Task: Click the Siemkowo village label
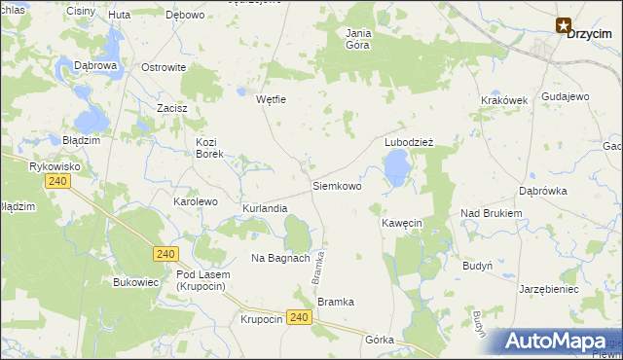pyautogui.click(x=336, y=185)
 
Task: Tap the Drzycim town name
pyautogui.click(x=588, y=32)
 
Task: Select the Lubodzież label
pyautogui.click(x=408, y=142)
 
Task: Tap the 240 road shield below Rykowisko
pyautogui.click(x=57, y=182)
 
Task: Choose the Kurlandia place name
pyautogui.click(x=265, y=209)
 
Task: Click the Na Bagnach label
pyautogui.click(x=280, y=258)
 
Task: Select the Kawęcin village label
pyautogui.click(x=401, y=223)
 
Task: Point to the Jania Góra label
pyautogui.click(x=359, y=39)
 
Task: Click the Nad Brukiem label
pyautogui.click(x=492, y=213)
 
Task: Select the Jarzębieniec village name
pyautogui.click(x=549, y=289)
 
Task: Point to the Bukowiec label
pyautogui.click(x=135, y=283)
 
